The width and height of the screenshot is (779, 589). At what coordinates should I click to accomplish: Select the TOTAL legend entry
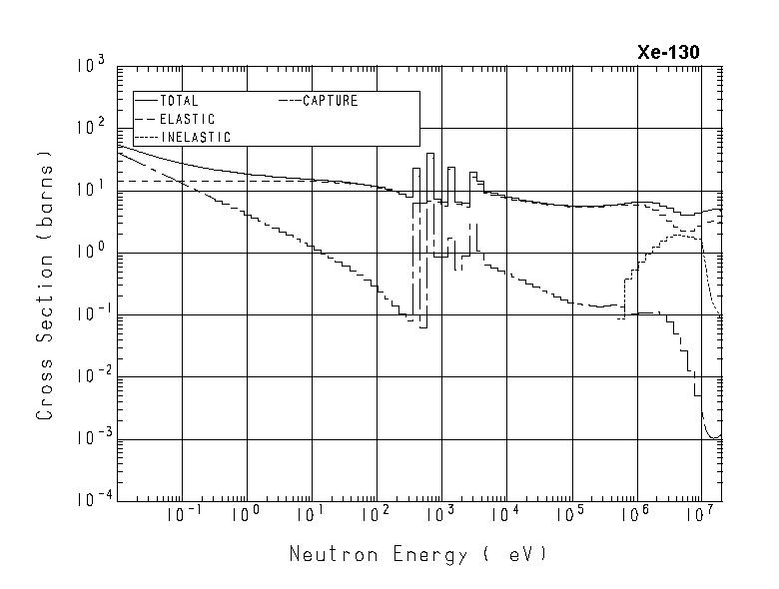point(179,101)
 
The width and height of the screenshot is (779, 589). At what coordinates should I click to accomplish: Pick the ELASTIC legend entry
point(187,119)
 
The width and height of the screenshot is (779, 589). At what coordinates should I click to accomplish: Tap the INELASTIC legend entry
point(195,137)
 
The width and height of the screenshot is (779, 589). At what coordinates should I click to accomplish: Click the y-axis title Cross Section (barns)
point(45,285)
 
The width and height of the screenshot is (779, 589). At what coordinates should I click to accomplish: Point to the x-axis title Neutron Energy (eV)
point(418,553)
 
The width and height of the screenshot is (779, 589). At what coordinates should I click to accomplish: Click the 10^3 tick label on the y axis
point(91,66)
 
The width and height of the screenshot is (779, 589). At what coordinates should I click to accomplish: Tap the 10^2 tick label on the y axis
point(91,128)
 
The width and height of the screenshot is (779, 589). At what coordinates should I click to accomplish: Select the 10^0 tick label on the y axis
point(91,253)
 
